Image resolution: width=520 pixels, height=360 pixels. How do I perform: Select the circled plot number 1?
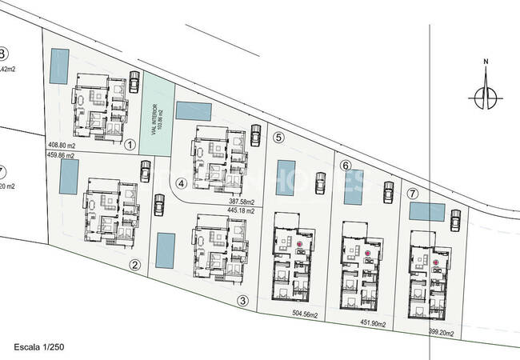tap(131, 144)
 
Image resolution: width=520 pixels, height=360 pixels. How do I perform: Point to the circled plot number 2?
tap(135, 265)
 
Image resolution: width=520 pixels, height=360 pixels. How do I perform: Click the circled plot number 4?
tap(182, 182)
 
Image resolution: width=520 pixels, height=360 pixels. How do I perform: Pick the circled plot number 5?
tap(278, 137)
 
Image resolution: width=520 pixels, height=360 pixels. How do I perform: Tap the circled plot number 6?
tap(345, 166)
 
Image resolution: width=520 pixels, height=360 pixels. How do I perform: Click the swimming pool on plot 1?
tap(59, 66)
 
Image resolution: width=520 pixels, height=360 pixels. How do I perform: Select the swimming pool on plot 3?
tap(166, 250)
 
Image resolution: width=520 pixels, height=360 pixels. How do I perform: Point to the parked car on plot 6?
tap(387, 192)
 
